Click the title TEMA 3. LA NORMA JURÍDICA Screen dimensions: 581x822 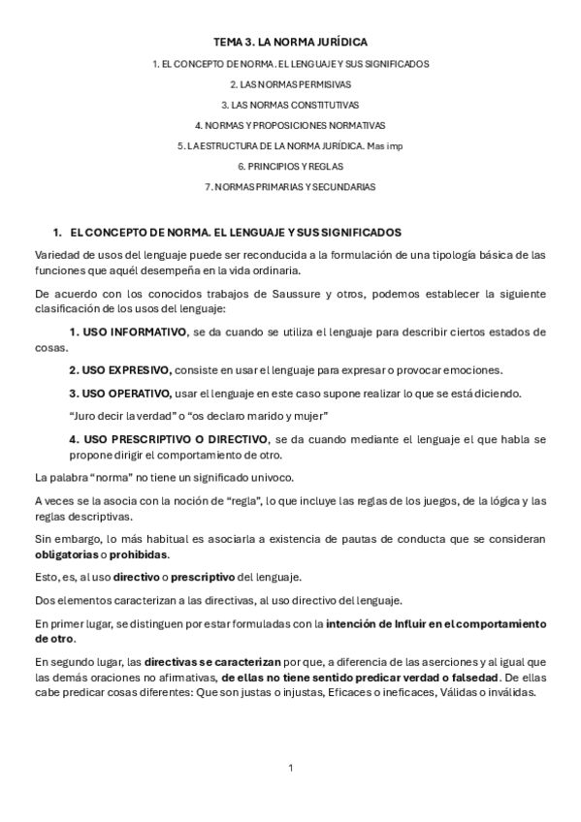(291, 43)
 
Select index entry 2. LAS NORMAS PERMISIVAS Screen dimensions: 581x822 (291, 84)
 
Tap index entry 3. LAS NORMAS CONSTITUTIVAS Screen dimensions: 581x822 (291, 105)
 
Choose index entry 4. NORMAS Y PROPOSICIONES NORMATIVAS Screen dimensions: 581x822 (291, 125)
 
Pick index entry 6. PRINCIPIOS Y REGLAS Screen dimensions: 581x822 (291, 166)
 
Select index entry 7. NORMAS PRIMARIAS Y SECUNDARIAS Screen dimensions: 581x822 (291, 186)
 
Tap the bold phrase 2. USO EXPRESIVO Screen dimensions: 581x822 (120, 370)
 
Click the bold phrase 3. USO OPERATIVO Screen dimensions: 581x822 (119, 393)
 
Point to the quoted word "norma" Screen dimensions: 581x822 (106, 477)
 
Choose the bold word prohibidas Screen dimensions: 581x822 (143, 554)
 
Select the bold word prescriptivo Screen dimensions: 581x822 (199, 577)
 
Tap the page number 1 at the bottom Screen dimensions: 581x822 (290, 769)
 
